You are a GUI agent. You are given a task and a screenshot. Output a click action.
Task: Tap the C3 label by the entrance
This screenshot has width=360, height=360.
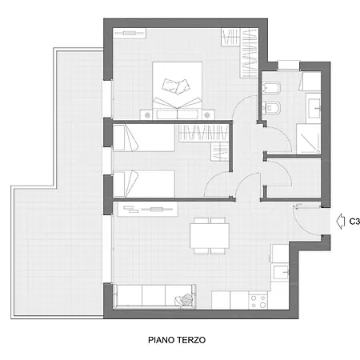pyautogui.click(x=354, y=222)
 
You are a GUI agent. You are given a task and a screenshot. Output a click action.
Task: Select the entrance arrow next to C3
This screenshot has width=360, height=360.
pyautogui.click(x=340, y=222)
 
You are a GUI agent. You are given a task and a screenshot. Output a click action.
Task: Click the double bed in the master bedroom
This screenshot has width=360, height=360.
pyautogui.click(x=177, y=90)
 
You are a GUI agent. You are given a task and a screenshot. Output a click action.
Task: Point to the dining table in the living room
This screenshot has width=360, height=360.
pyautogui.click(x=210, y=236)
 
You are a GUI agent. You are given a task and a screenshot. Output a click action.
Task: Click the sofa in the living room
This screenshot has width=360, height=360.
pyautogui.click(x=154, y=297)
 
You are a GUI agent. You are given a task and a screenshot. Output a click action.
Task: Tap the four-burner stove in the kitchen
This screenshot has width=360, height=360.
pyautogui.click(x=258, y=301)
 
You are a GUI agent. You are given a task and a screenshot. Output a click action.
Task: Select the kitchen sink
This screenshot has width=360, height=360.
pyautogui.click(x=281, y=272)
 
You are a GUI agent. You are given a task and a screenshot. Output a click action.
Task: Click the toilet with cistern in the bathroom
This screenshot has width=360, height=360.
pyautogui.click(x=271, y=88)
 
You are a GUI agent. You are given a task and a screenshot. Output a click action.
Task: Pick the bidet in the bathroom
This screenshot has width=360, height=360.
pyautogui.click(x=271, y=108)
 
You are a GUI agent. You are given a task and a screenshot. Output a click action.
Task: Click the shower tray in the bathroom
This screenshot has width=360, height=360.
pyautogui.click(x=309, y=139)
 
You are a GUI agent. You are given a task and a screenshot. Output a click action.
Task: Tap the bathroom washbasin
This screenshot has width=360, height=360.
pyautogui.click(x=314, y=108)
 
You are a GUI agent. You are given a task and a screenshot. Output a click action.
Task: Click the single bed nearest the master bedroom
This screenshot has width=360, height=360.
pyautogui.click(x=144, y=138)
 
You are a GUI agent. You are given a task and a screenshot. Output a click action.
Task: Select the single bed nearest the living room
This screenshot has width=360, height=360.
pyautogui.click(x=144, y=184)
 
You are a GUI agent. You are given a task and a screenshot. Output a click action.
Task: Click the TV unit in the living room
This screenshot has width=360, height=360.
pyautogui.click(x=148, y=209)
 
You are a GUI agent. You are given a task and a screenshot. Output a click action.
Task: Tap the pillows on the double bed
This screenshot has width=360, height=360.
pyautogui.click(x=177, y=86)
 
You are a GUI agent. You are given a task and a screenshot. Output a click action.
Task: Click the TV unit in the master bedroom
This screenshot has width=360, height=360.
pyautogui.click(x=130, y=34)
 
